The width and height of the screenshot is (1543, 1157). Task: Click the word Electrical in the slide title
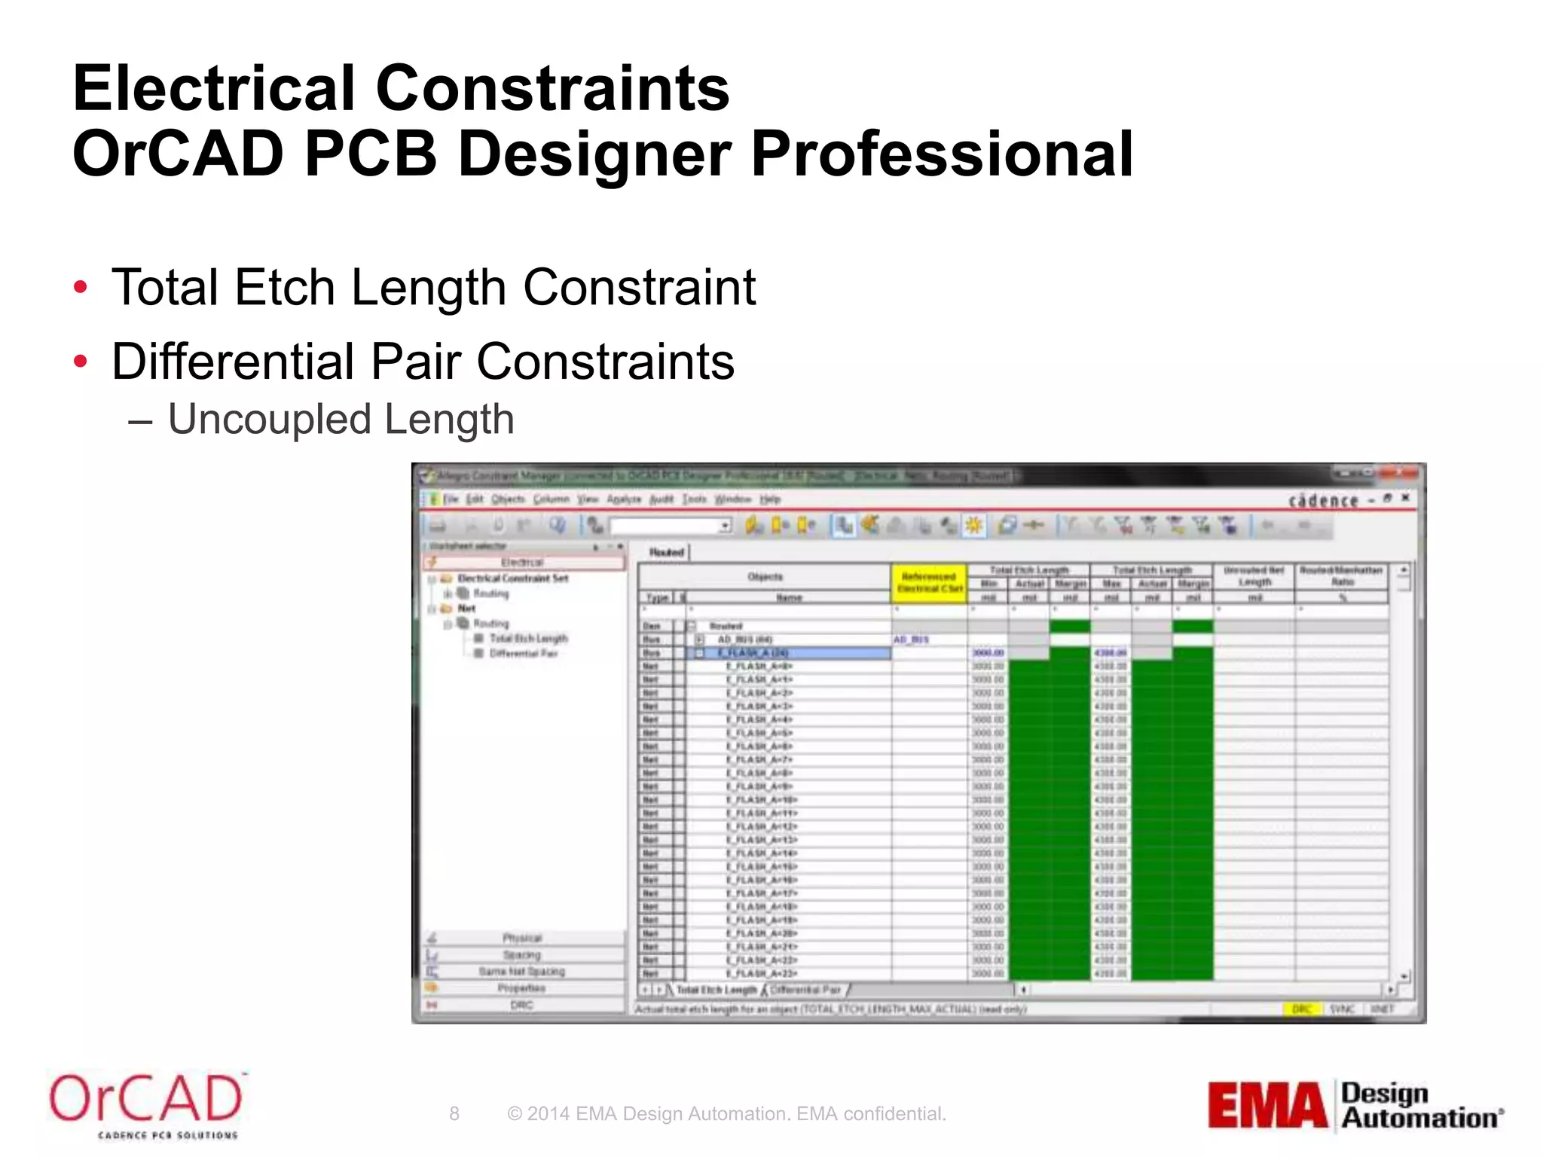[213, 88]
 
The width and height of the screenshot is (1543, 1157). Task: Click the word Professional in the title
[942, 154]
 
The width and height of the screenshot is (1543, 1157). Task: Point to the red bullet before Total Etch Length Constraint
[81, 288]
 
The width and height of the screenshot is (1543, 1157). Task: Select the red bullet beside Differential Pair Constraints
[81, 362]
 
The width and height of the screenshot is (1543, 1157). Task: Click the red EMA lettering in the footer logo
[1267, 1106]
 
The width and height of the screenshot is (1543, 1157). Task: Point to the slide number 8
[454, 1113]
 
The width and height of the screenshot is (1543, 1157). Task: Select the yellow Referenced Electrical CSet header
[929, 582]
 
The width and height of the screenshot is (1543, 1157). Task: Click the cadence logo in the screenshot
[1323, 501]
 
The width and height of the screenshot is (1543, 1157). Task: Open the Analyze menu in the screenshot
[623, 499]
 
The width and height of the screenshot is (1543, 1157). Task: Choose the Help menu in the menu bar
[770, 499]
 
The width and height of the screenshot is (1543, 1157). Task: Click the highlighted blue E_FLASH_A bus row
[791, 653]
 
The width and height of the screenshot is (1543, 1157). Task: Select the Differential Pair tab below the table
[806, 990]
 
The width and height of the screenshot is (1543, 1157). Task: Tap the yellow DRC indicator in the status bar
[1302, 1009]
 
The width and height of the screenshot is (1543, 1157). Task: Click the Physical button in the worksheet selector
[522, 939]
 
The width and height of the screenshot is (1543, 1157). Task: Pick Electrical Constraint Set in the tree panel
[513, 578]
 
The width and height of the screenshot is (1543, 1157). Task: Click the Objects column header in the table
[765, 577]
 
